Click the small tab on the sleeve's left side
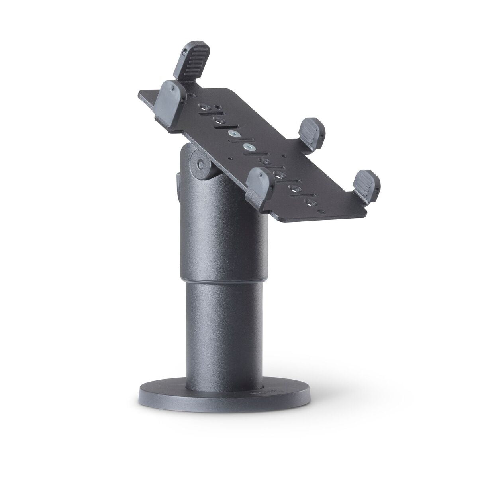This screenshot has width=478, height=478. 177,183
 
